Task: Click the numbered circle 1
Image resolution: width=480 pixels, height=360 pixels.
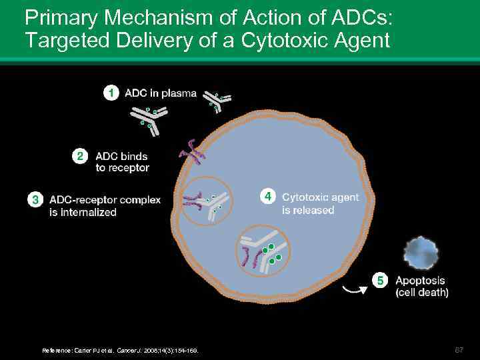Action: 113,93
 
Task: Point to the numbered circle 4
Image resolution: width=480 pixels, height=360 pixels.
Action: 267,197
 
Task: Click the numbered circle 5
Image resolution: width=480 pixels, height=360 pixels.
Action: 380,281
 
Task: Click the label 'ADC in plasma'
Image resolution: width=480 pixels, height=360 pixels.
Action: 161,93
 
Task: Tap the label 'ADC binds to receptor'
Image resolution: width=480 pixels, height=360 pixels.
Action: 122,162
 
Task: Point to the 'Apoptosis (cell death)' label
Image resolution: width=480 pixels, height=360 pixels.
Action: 421,287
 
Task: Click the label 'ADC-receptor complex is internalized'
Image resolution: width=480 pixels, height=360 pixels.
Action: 105,206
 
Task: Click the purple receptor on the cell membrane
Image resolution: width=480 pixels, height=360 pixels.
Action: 191,153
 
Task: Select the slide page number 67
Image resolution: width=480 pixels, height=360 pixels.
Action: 459,349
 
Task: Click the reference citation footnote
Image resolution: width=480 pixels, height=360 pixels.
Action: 120,350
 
